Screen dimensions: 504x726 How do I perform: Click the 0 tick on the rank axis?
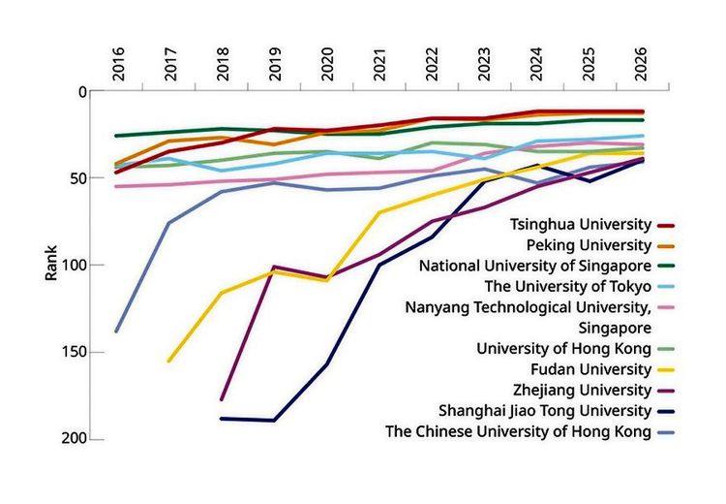click(82, 92)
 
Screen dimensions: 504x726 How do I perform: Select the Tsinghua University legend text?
click(581, 224)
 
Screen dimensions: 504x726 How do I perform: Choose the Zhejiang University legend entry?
click(585, 390)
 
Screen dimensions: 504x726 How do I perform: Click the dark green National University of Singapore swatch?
click(666, 266)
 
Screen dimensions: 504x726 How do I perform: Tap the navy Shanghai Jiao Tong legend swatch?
click(666, 411)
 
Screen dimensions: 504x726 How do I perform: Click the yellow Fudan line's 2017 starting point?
click(168, 362)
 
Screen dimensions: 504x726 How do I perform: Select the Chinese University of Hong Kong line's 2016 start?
click(116, 331)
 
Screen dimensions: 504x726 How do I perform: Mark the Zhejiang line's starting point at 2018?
click(222, 399)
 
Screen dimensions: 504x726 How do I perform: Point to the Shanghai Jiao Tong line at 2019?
click(274, 420)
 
